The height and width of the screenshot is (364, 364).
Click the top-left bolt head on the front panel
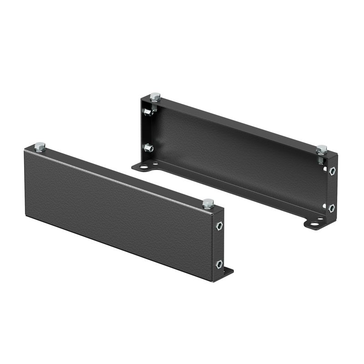[x=40, y=146]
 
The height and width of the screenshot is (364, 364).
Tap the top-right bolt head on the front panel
[x=208, y=203]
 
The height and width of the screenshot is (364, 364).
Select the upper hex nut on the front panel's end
[x=219, y=226]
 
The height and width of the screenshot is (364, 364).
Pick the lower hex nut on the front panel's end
[x=219, y=264]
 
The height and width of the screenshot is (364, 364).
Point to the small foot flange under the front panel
[x=227, y=272]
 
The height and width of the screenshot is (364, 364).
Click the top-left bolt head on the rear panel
[x=155, y=96]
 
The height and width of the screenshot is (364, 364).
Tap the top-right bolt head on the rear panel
[x=322, y=149]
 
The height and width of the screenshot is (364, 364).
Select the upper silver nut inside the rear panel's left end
[x=147, y=112]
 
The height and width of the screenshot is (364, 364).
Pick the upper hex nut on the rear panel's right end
[x=332, y=171]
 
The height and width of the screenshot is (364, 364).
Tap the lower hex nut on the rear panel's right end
[x=332, y=207]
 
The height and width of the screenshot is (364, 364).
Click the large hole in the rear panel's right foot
[x=314, y=224]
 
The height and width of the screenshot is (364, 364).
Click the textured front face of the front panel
[x=114, y=209]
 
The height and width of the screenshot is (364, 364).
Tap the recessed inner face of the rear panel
[x=237, y=150]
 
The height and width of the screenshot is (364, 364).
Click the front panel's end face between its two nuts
[x=219, y=246]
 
